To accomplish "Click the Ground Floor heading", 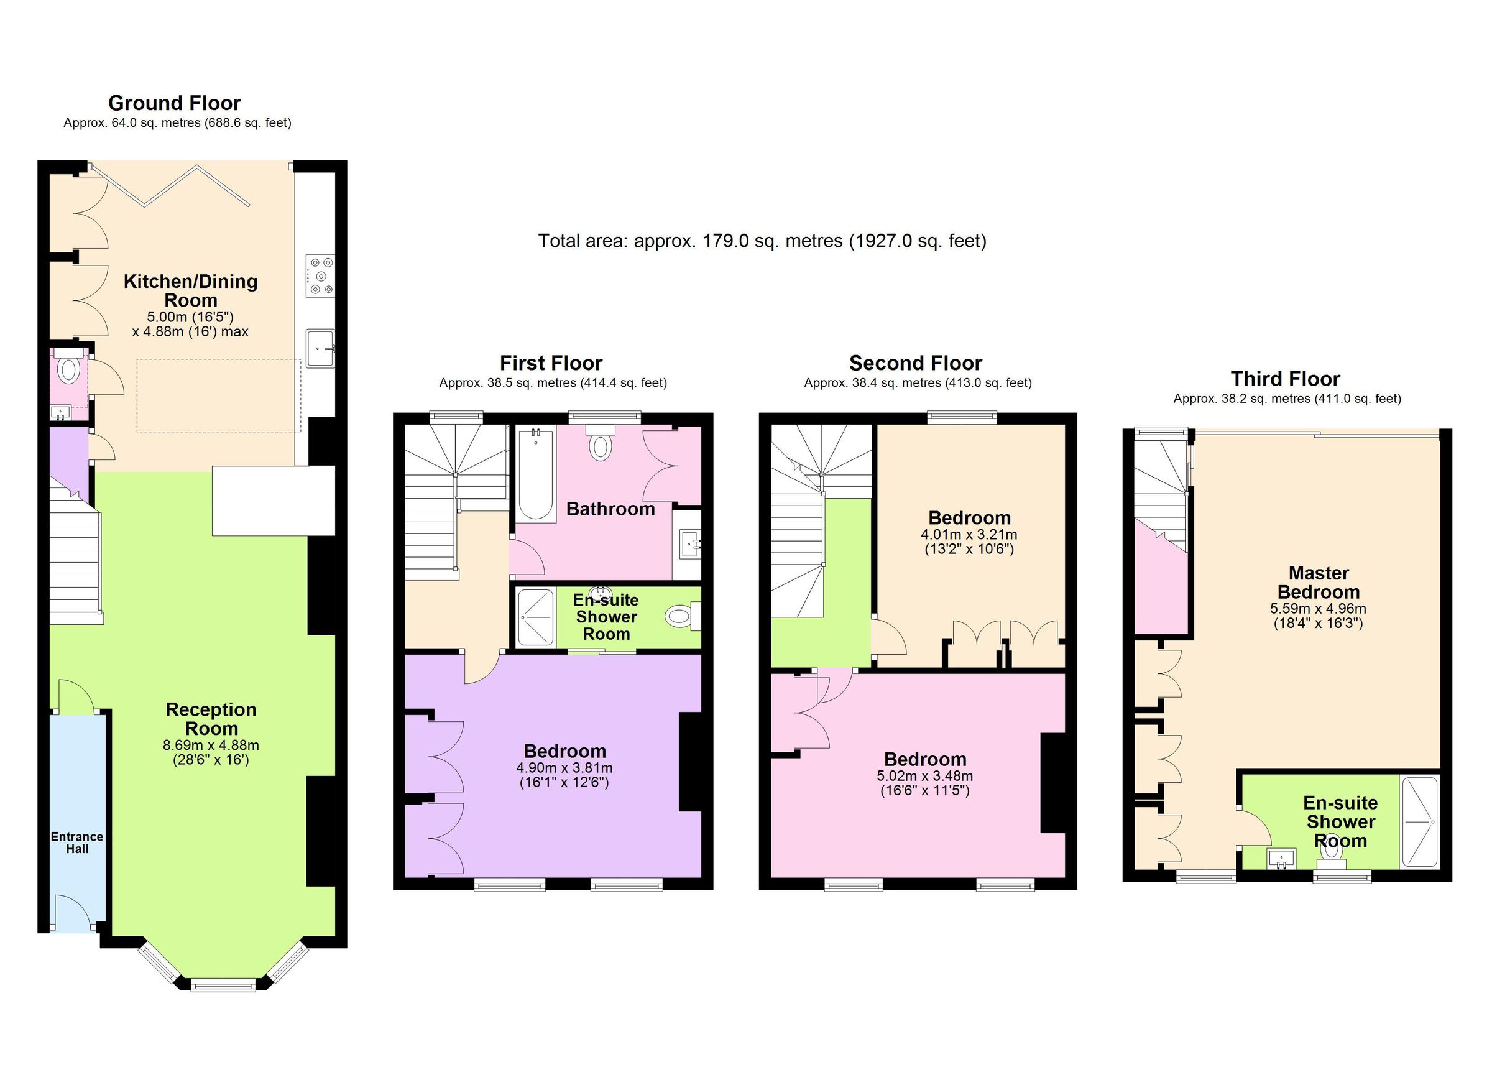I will click(174, 103).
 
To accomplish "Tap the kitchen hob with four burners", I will click(320, 275).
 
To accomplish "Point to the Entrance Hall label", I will click(77, 843).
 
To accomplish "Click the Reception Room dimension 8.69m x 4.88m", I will click(211, 746).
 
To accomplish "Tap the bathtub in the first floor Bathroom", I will click(536, 474).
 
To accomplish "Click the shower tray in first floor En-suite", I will click(535, 617).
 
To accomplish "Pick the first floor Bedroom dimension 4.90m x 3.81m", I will click(564, 768).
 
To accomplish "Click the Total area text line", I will click(762, 241).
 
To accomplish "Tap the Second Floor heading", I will click(915, 363).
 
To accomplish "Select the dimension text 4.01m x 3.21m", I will click(969, 534).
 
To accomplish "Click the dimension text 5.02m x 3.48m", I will click(924, 776).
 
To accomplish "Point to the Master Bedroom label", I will click(1318, 583).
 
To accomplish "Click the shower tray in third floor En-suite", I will click(1421, 822).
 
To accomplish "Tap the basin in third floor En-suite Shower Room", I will click(1281, 858).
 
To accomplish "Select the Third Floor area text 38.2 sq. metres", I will click(1286, 399).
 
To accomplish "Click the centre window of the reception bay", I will click(223, 985).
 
